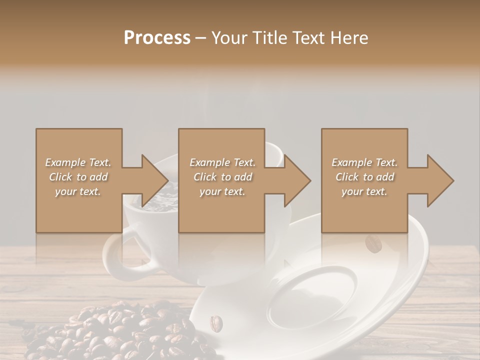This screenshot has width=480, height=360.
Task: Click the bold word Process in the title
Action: pos(157,38)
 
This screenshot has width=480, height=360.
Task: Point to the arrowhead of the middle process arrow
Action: pos(297,180)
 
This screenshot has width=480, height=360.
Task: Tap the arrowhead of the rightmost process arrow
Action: pos(440,180)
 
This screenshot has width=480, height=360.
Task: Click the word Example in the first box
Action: pos(64,162)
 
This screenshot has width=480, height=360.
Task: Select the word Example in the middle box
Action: pos(209,162)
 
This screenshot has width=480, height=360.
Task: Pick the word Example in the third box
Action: pos(351,162)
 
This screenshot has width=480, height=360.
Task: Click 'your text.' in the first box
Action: pos(78,191)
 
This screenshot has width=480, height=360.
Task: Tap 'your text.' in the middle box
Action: pos(222,191)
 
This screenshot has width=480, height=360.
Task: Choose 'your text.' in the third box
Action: pos(364,191)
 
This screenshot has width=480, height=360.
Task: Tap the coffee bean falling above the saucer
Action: pos(373,244)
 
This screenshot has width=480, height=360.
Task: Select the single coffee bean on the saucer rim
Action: pos(215,322)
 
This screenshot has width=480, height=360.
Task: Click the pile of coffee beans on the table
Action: pos(120,330)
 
